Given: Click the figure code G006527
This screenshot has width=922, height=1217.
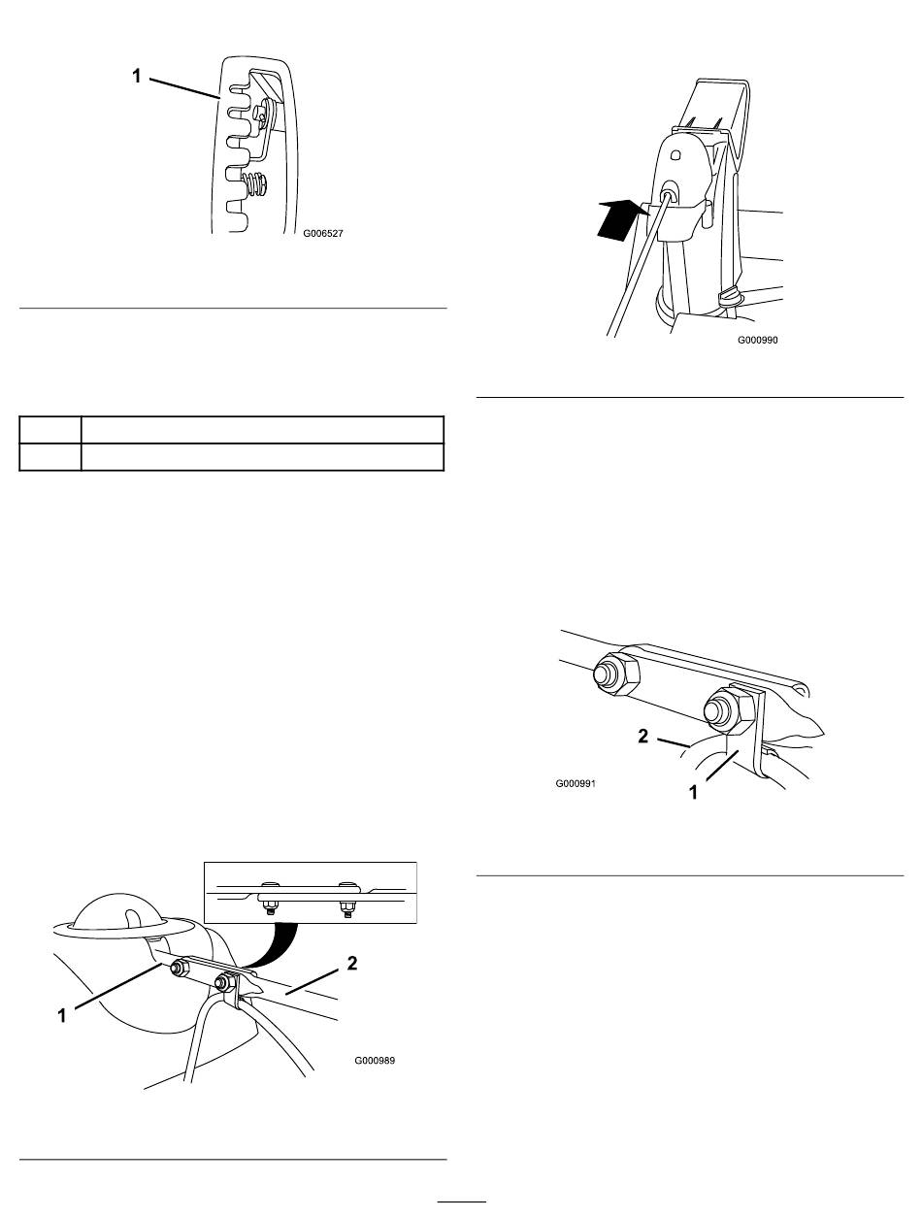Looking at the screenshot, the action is coord(322,234).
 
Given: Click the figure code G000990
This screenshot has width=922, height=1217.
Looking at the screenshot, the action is coord(757,340).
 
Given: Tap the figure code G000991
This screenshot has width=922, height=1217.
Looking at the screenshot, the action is coord(576,783).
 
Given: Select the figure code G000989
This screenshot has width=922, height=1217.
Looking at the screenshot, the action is coord(375,1060).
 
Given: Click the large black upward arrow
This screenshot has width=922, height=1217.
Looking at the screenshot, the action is coord(622,219).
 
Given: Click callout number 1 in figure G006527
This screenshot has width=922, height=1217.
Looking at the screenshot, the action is coord(137,76).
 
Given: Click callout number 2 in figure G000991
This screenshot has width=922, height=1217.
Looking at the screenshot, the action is coord(642,737).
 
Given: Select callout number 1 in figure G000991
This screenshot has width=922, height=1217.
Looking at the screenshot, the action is coord(693,793).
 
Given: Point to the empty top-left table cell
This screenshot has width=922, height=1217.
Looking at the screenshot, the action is coord(50,430).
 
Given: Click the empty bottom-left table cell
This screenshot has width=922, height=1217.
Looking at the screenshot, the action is coord(50,457).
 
